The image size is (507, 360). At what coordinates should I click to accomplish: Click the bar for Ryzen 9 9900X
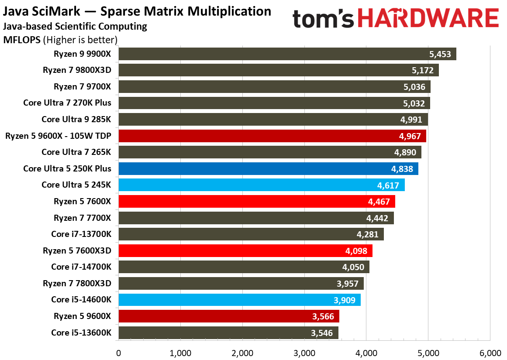point(287,54)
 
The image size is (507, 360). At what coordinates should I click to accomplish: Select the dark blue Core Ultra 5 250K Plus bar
point(268,169)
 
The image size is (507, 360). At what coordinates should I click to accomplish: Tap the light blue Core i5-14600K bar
point(239,300)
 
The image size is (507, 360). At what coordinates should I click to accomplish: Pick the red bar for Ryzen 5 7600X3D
point(245,251)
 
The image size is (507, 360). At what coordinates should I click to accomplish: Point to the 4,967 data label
point(410,136)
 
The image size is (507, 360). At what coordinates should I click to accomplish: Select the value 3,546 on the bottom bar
point(322,333)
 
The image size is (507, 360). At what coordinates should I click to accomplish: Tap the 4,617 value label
point(388,185)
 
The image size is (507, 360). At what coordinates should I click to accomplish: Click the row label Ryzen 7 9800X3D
point(77,70)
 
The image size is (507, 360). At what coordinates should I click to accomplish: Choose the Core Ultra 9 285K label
point(76,120)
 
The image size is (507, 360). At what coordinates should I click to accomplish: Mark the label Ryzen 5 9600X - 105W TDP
point(59,136)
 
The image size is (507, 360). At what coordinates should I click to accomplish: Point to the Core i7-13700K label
point(81,234)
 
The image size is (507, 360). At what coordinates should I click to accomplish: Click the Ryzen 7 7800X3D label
point(77,283)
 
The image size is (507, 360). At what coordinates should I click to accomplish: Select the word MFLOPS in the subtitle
point(22,40)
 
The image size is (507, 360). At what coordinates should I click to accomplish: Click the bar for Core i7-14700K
point(244,267)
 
